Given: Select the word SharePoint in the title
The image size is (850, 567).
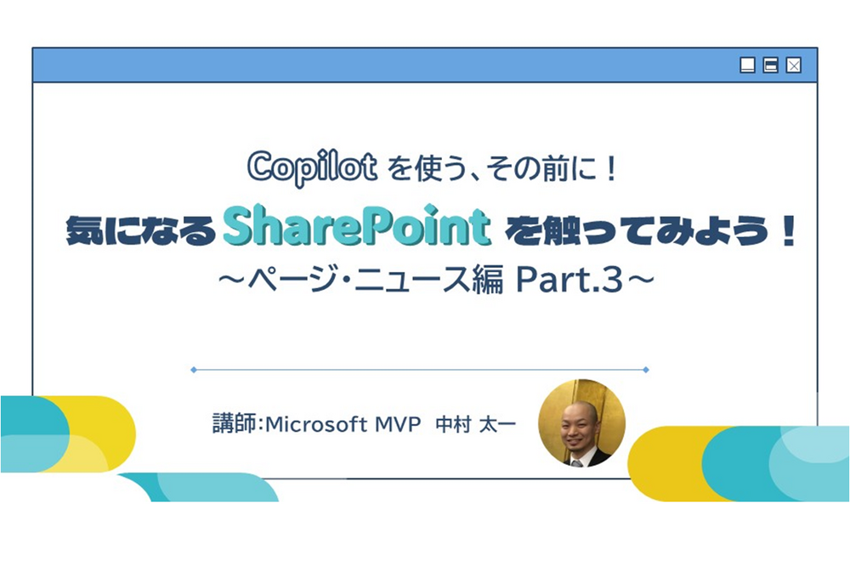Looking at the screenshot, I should [x=357, y=227].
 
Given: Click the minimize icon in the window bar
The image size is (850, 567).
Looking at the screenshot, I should [x=748, y=65].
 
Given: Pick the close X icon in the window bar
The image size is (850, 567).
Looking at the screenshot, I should [x=793, y=65].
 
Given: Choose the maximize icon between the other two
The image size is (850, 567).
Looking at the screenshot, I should [x=771, y=65].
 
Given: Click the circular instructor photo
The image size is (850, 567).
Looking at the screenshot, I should [x=582, y=422].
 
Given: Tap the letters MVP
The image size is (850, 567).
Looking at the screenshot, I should [x=397, y=424].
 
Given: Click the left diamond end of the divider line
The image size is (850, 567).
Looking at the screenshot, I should [x=194, y=370].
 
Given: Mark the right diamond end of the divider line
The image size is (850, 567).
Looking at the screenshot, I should [x=647, y=370].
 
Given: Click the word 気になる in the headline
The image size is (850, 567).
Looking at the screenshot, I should [x=139, y=230].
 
